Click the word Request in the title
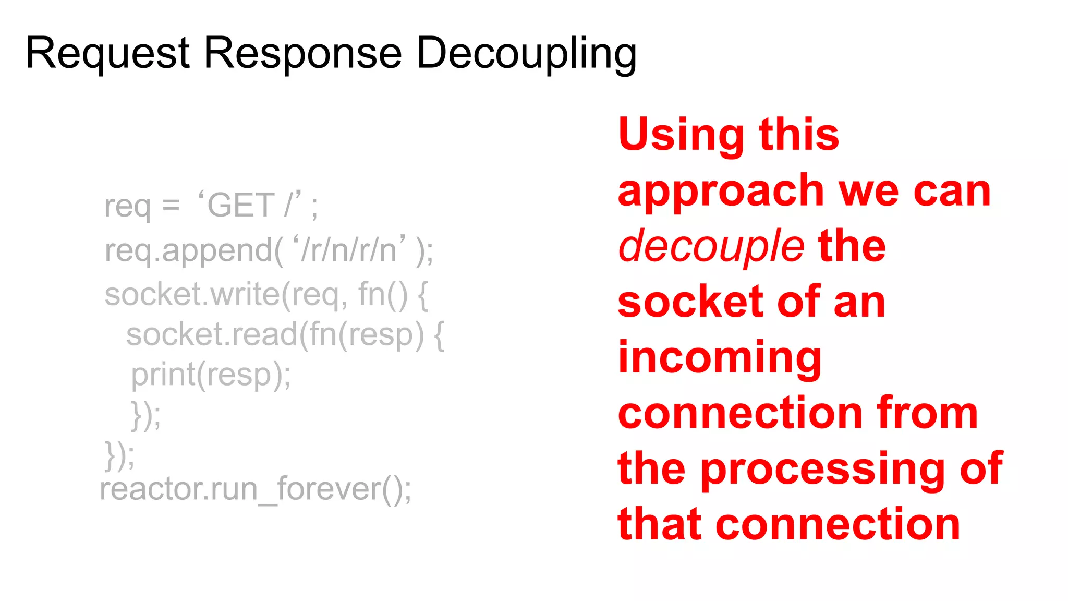(x=107, y=53)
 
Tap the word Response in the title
(x=302, y=53)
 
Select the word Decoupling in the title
(x=527, y=53)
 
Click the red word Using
(x=681, y=135)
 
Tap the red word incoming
(x=720, y=359)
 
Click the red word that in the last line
(x=659, y=525)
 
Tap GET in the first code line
(x=241, y=205)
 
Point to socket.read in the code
(x=212, y=335)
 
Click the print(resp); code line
(x=211, y=375)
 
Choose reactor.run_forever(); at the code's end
(x=256, y=489)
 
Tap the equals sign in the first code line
(x=171, y=206)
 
